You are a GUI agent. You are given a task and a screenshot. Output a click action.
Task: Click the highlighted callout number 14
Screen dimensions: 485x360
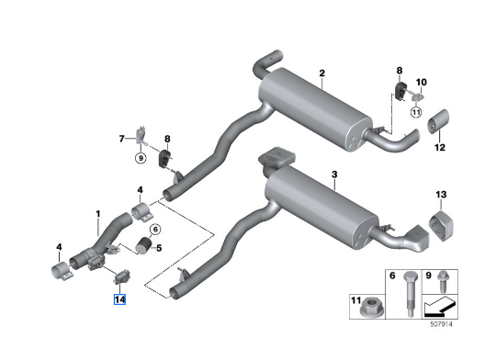[119, 299]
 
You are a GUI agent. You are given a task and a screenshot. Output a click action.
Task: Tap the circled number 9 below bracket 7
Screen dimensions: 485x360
[141, 158]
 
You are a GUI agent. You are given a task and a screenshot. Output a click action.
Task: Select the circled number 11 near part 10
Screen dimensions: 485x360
[416, 112]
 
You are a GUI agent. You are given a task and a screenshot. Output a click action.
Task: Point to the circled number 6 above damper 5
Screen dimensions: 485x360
[155, 230]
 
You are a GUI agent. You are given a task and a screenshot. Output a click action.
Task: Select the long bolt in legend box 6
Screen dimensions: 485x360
[411, 294]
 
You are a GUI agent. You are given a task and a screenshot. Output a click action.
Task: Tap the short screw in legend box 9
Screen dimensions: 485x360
[443, 281]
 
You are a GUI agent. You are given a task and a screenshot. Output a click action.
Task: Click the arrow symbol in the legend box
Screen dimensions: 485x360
[439, 307]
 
